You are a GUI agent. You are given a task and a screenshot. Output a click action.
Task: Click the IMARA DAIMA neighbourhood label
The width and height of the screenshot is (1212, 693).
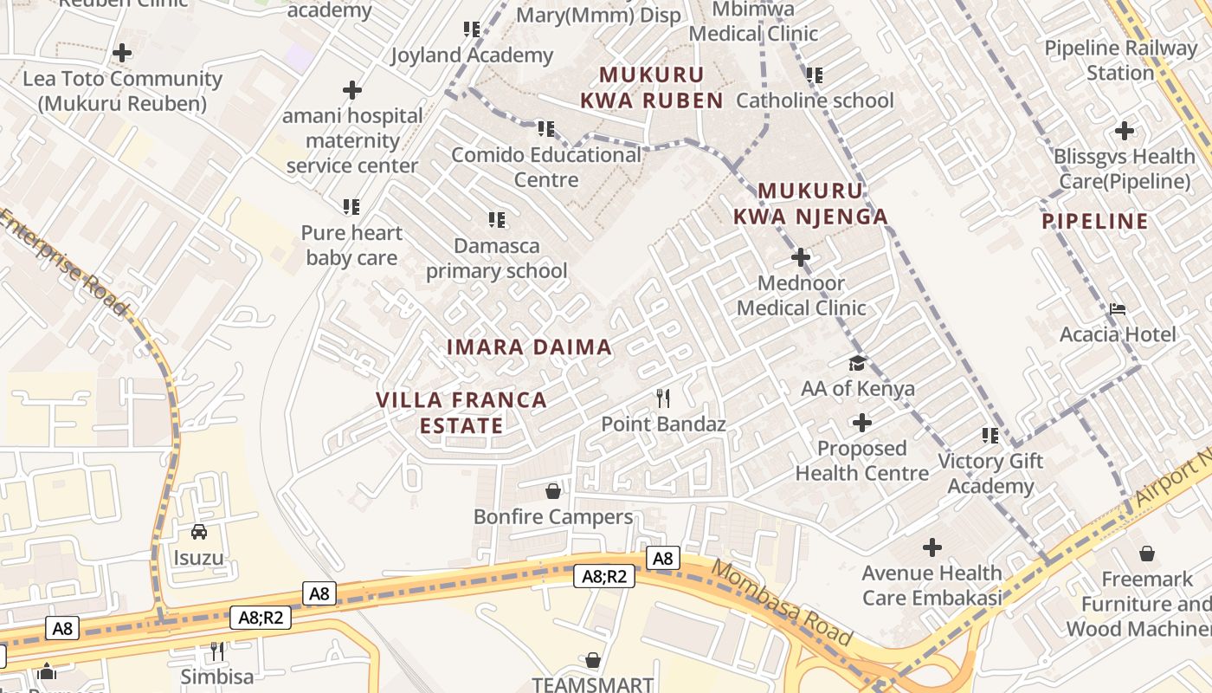529,347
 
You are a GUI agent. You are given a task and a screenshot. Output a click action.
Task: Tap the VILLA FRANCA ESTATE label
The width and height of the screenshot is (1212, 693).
461,412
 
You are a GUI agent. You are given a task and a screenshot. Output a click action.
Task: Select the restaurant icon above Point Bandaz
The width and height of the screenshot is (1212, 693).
663,398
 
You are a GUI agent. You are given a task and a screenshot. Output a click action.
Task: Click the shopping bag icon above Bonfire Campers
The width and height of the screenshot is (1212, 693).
553,492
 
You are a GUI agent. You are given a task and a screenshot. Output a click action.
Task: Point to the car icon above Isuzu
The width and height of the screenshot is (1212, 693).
199,532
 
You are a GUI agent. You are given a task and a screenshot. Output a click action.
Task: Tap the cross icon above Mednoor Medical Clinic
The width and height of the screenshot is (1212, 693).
801,257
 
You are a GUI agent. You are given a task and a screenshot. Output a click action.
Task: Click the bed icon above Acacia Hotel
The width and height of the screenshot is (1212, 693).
1118,309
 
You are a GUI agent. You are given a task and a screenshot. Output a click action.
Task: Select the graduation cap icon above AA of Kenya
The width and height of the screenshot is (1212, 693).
857,363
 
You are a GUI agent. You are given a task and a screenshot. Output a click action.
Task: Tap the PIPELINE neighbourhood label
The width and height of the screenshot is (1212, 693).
1095,221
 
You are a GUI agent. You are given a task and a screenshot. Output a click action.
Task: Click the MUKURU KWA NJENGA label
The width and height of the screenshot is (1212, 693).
810,204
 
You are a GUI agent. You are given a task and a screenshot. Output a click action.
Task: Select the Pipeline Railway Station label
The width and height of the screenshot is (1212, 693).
1120,61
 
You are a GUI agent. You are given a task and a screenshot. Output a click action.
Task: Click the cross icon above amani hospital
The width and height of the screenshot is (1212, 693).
352,90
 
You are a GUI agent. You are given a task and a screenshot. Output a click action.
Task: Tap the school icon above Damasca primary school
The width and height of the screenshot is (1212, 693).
497,220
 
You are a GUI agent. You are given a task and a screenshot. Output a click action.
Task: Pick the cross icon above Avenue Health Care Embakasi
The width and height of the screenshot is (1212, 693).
932,547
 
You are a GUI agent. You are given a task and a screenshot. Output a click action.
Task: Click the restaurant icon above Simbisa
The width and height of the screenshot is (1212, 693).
217,651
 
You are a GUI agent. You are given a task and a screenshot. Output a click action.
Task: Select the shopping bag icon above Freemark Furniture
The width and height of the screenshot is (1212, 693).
1147,553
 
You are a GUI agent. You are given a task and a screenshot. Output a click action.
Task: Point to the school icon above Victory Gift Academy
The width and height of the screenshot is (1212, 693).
990,436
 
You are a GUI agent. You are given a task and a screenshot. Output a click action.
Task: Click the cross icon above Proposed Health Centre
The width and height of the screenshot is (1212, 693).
862,423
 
